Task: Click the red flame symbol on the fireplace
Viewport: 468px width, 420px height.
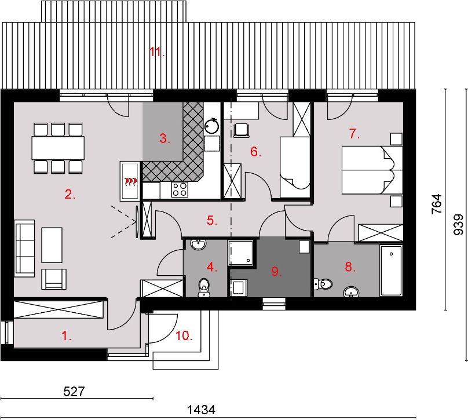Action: click(131, 181)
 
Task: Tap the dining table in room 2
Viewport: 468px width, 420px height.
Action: click(58, 148)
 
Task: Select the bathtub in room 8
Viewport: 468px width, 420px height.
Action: click(391, 271)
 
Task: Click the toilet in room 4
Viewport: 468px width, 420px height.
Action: click(204, 288)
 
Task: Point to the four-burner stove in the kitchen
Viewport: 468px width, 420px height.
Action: click(180, 189)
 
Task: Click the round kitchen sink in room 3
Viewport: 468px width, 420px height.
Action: click(212, 125)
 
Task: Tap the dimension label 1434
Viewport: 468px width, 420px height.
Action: click(201, 410)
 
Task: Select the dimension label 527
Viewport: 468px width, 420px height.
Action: click(74, 392)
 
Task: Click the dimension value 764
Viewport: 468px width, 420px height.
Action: click(437, 204)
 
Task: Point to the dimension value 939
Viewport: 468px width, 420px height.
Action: click(458, 224)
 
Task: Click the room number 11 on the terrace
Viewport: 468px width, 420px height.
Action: click(157, 52)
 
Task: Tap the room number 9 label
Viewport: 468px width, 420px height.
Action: click(276, 272)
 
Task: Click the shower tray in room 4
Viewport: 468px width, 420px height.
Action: click(241, 253)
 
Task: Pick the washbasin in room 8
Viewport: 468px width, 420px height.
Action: click(352, 291)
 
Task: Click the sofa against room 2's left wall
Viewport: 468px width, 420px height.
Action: click(24, 249)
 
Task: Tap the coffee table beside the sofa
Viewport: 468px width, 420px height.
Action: click(52, 245)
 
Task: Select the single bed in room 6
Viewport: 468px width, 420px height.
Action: click(295, 167)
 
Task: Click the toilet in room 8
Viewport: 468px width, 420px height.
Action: click(323, 284)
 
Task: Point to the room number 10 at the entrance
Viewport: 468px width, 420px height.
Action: click(184, 336)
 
